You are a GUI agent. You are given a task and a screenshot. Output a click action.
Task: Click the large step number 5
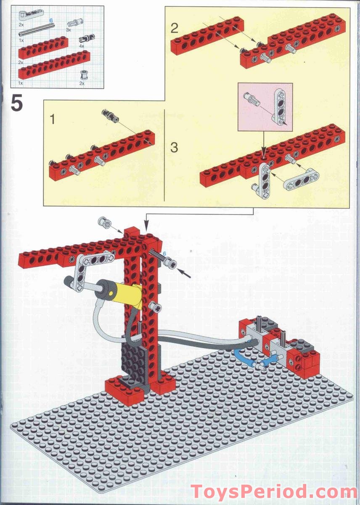click(x=17, y=104)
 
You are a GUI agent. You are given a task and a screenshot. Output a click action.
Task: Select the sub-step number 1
click(x=53, y=120)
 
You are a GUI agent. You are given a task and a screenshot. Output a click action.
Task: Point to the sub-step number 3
click(x=175, y=148)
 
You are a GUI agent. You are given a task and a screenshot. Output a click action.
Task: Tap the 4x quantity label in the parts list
click(x=82, y=45)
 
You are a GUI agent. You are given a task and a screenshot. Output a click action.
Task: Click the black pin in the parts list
click(x=89, y=38)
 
